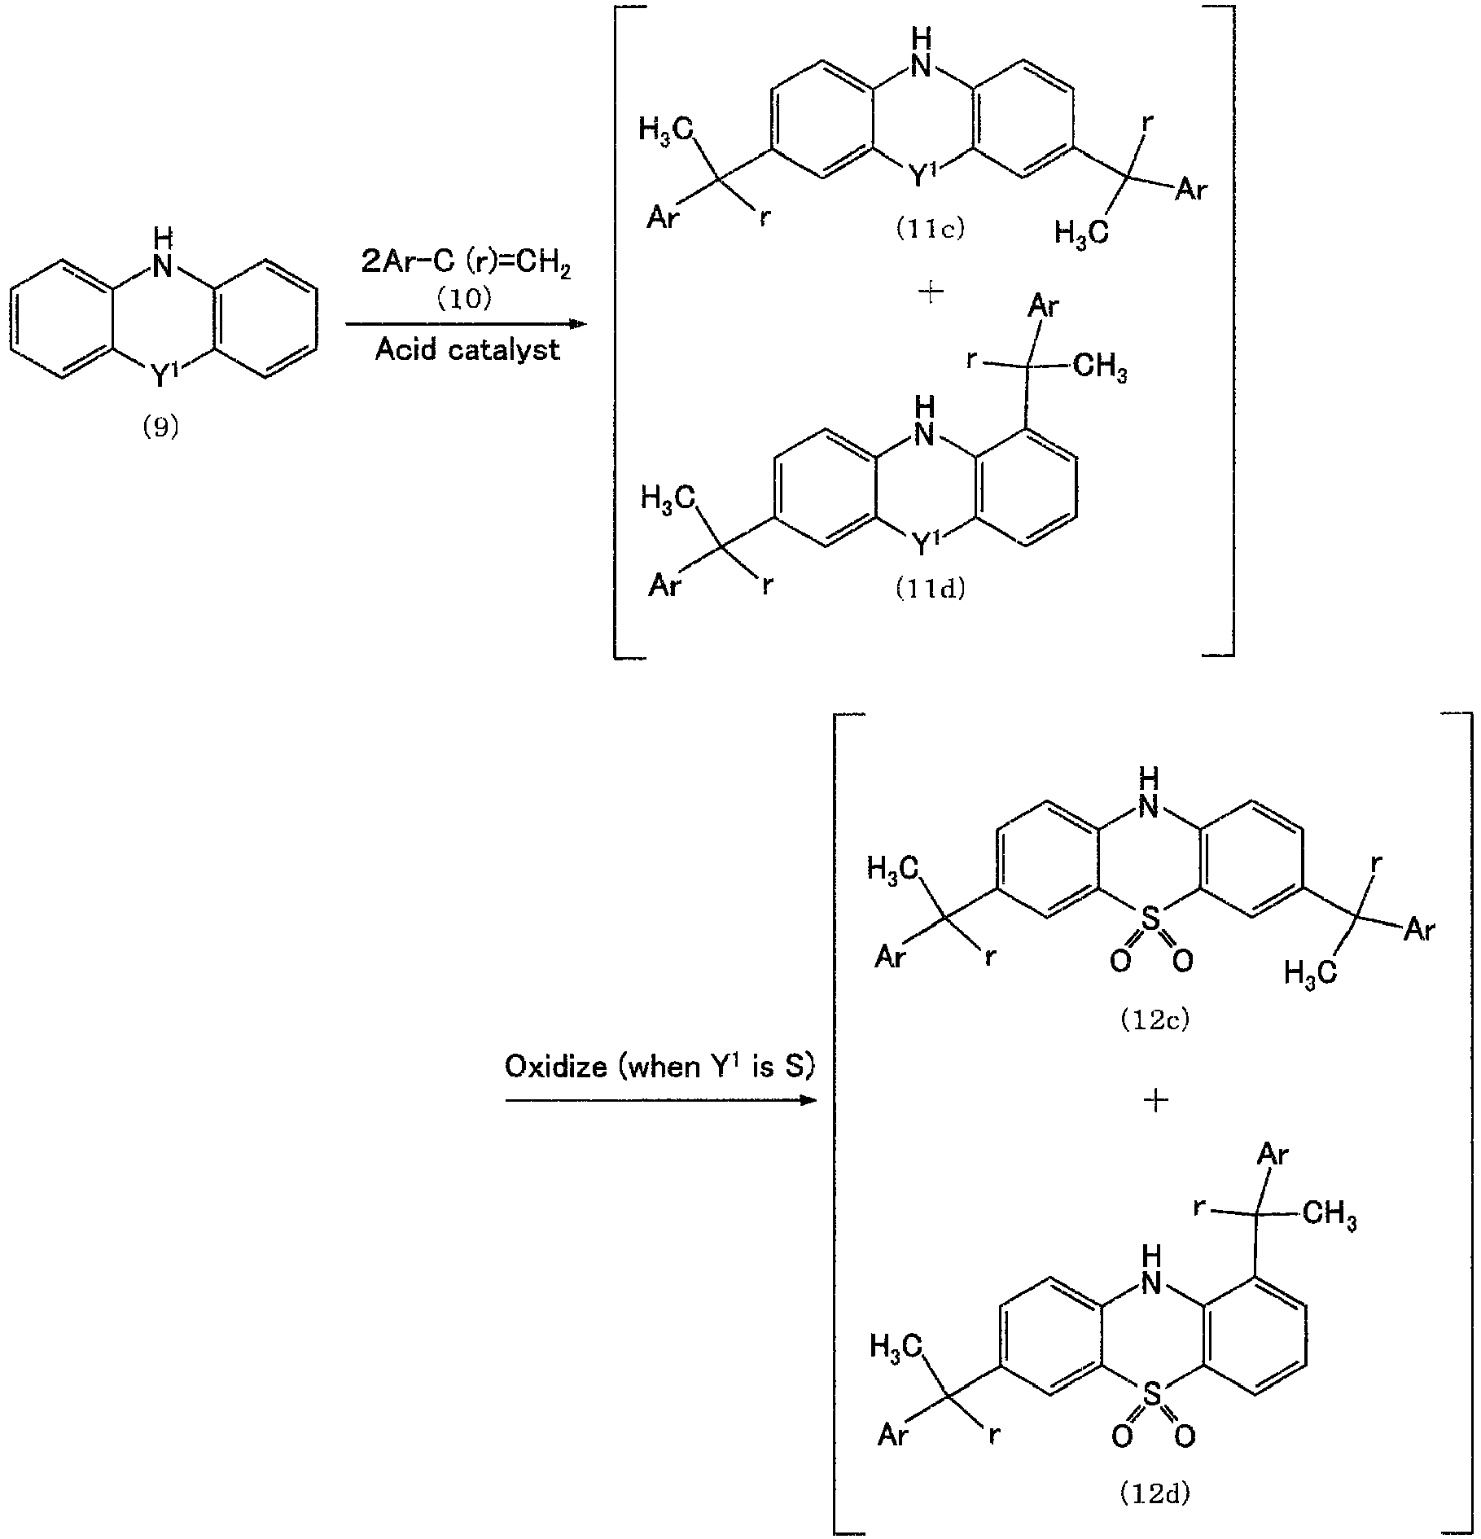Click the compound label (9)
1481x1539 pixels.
160,427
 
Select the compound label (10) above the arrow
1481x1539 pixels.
466,299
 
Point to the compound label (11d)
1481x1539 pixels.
930,589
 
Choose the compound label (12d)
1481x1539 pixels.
1155,1493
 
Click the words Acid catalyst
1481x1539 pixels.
467,349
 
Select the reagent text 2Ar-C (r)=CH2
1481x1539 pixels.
466,264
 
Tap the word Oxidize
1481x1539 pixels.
556,1066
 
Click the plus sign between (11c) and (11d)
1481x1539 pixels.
930,292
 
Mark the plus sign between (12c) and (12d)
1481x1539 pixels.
1156,1100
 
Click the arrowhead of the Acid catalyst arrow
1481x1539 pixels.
577,324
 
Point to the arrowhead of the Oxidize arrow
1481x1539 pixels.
806,1100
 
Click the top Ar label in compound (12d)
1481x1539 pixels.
1273,1155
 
